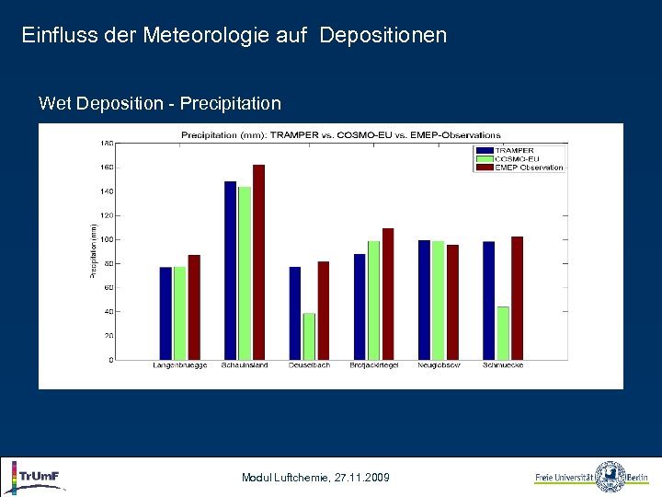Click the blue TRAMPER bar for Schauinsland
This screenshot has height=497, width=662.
(x=231, y=271)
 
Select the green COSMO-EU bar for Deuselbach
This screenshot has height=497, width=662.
(x=309, y=336)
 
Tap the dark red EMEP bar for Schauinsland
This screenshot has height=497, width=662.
(x=258, y=262)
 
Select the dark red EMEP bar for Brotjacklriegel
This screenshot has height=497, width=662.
(x=388, y=294)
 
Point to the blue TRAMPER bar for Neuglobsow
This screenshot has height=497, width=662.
(x=424, y=300)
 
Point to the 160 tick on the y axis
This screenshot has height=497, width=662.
(x=107, y=168)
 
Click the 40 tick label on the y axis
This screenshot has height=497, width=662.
(x=108, y=312)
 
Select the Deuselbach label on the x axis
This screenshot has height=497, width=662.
(x=309, y=365)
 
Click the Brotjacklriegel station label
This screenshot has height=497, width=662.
(x=373, y=365)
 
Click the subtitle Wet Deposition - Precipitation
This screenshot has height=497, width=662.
(x=160, y=103)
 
